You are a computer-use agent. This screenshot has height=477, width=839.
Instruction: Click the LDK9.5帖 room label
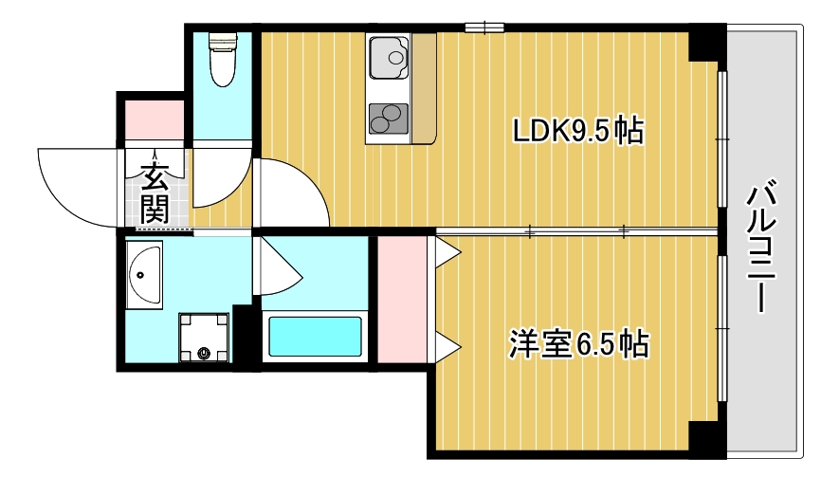[577, 131]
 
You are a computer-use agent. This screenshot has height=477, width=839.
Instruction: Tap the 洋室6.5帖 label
[577, 343]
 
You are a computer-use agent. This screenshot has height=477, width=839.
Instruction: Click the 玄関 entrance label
[155, 193]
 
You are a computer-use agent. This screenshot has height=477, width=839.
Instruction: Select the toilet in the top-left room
[222, 59]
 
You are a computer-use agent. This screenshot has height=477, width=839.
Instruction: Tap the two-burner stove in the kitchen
[387, 119]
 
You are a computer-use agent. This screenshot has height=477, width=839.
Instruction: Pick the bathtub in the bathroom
[316, 336]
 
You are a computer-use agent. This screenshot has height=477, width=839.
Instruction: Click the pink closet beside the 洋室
[402, 299]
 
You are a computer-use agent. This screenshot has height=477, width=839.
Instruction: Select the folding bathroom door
[278, 267]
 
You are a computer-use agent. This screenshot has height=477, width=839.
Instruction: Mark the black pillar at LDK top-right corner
[703, 44]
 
